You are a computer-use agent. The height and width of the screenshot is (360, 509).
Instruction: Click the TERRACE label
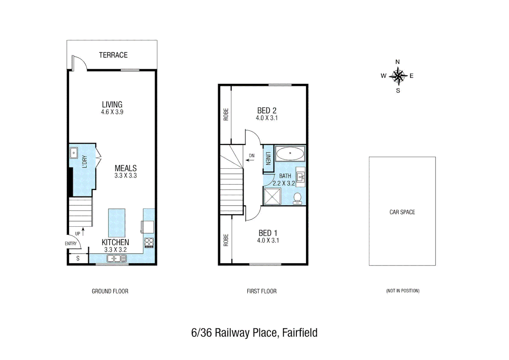113,55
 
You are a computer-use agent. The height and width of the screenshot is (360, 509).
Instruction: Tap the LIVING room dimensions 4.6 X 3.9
112,112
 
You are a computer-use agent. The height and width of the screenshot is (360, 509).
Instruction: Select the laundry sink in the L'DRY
74,153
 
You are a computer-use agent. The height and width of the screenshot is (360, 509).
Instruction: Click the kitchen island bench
117,223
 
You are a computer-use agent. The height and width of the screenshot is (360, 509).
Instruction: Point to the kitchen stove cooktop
149,243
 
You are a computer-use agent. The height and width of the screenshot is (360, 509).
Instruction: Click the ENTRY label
71,244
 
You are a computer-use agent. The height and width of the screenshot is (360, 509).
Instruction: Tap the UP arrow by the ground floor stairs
83,231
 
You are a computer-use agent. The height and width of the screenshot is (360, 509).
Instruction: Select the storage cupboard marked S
78,258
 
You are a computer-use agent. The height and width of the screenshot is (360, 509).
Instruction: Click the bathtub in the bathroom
290,154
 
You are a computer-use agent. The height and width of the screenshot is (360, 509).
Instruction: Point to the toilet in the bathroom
297,199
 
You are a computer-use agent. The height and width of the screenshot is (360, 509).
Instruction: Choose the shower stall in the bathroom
272,196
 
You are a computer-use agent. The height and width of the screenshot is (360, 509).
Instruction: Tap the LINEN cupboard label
268,158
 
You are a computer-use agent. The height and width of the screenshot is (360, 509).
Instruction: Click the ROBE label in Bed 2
226,114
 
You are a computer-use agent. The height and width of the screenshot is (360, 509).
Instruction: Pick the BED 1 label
268,233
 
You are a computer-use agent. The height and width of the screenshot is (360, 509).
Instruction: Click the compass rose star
398,76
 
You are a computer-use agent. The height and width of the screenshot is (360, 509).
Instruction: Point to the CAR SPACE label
402,212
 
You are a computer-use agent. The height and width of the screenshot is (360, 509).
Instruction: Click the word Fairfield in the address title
300,333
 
